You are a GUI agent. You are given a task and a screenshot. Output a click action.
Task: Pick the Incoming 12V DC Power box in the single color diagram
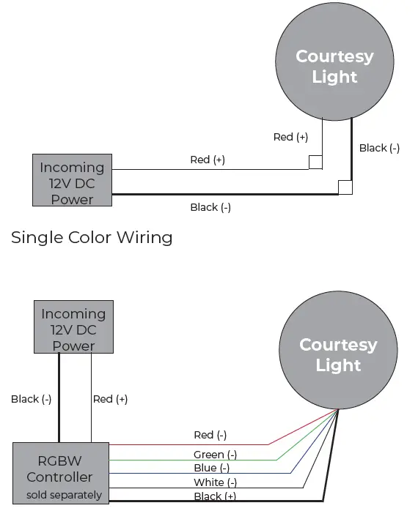click(x=73, y=179)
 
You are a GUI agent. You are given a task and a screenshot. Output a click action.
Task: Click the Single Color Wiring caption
click(x=92, y=238)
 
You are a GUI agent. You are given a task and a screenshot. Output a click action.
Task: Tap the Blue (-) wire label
click(x=212, y=468)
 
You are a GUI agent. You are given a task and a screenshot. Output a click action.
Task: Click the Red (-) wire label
click(x=210, y=436)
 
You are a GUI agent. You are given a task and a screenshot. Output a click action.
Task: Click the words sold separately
click(x=64, y=495)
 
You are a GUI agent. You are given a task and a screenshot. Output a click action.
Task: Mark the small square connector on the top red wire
click(x=315, y=163)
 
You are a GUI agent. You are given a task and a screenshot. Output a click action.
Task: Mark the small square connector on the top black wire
click(x=345, y=187)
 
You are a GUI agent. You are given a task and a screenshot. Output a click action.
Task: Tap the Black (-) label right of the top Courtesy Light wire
click(x=379, y=148)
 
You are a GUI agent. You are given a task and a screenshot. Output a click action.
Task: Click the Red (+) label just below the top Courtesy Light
click(x=290, y=137)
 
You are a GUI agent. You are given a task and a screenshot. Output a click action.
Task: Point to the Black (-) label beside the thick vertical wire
click(x=31, y=399)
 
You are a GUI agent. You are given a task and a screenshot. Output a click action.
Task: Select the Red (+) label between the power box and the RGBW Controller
click(x=110, y=399)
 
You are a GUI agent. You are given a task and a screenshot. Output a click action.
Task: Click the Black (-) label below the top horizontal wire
click(x=210, y=207)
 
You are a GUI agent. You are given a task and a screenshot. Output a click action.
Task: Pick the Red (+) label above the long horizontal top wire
click(x=207, y=160)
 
